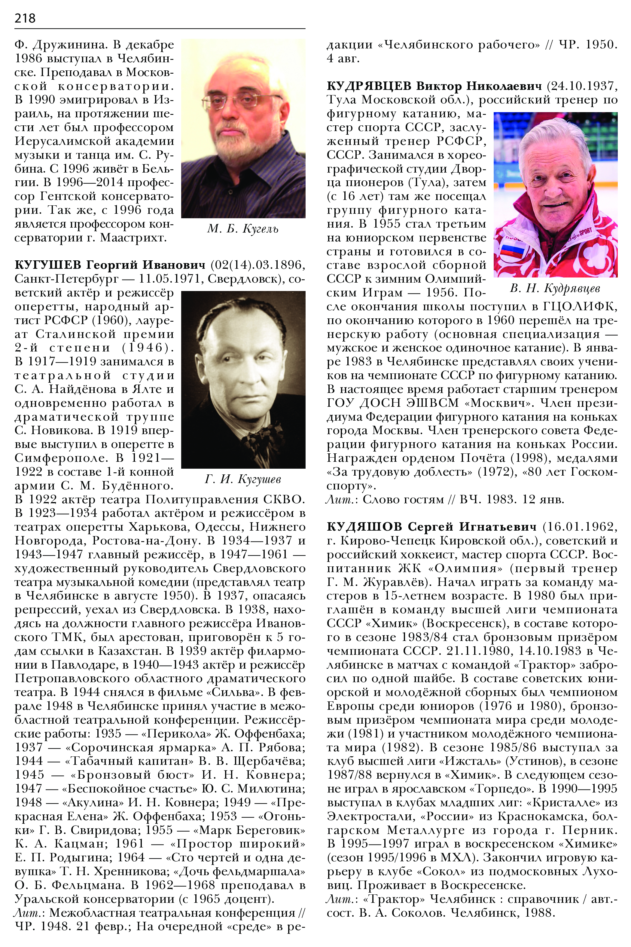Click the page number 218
pyautogui.click(x=25, y=18)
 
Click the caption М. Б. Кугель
pyautogui.click(x=243, y=229)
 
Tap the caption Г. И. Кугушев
pyautogui.click(x=243, y=479)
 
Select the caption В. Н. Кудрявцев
pyautogui.click(x=555, y=288)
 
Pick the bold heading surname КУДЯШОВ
pyautogui.click(x=364, y=527)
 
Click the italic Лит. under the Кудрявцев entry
pyautogui.click(x=340, y=500)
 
